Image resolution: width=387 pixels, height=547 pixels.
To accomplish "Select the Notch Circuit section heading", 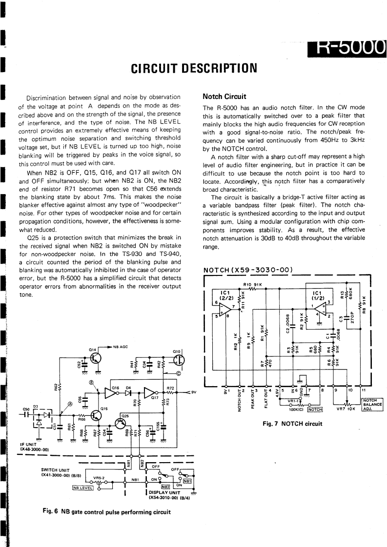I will pos(224,96).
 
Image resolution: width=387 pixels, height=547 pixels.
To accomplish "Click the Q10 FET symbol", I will pos(178,359).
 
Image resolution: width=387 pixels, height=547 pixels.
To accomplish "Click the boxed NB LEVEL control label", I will pos(82,487).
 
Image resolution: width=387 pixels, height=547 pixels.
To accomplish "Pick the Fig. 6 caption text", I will pos(106,511).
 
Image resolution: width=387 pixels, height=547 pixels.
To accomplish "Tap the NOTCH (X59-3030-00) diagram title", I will pos(247,269).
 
